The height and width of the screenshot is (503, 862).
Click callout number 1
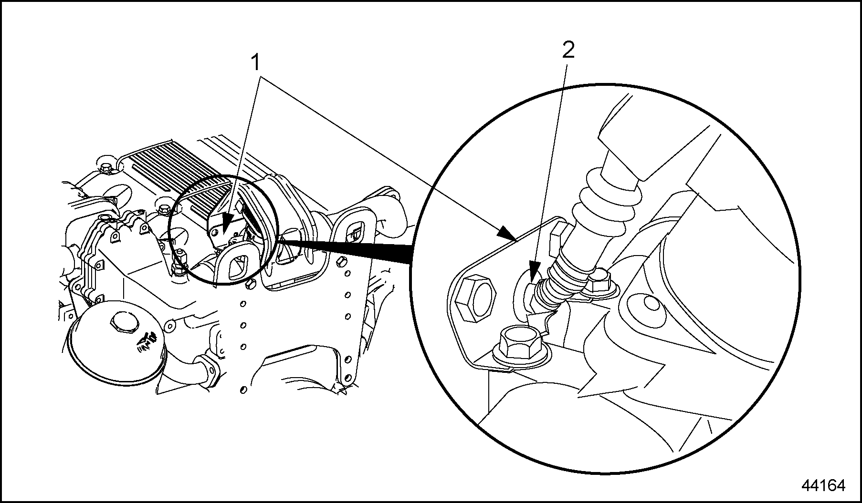click(257, 63)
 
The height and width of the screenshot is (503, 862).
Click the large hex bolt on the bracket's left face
click(474, 298)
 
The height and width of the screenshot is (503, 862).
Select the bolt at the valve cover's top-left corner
click(105, 168)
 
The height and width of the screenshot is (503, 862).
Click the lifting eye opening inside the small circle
click(238, 263)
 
